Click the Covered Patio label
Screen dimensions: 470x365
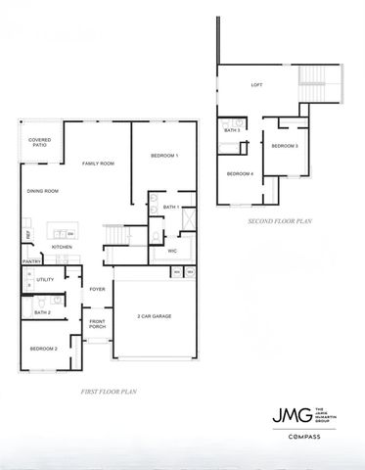[x=40, y=143]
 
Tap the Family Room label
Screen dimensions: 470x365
[x=98, y=164]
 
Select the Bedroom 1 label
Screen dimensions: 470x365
[x=164, y=157]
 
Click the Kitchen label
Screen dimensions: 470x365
[x=62, y=247]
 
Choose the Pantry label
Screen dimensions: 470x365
[x=31, y=261]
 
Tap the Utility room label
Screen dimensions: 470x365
[x=45, y=280]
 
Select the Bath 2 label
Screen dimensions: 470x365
[x=42, y=312]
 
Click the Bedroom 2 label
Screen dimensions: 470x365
[x=43, y=349]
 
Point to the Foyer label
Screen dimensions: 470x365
[x=98, y=289]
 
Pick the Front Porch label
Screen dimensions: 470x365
[x=98, y=325]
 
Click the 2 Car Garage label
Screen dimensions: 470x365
[x=155, y=317]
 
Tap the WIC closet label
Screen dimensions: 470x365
[x=172, y=251]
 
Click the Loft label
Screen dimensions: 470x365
[x=256, y=85]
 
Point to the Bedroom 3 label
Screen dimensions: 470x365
[x=284, y=146]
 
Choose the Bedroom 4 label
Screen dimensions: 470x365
[x=240, y=173]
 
